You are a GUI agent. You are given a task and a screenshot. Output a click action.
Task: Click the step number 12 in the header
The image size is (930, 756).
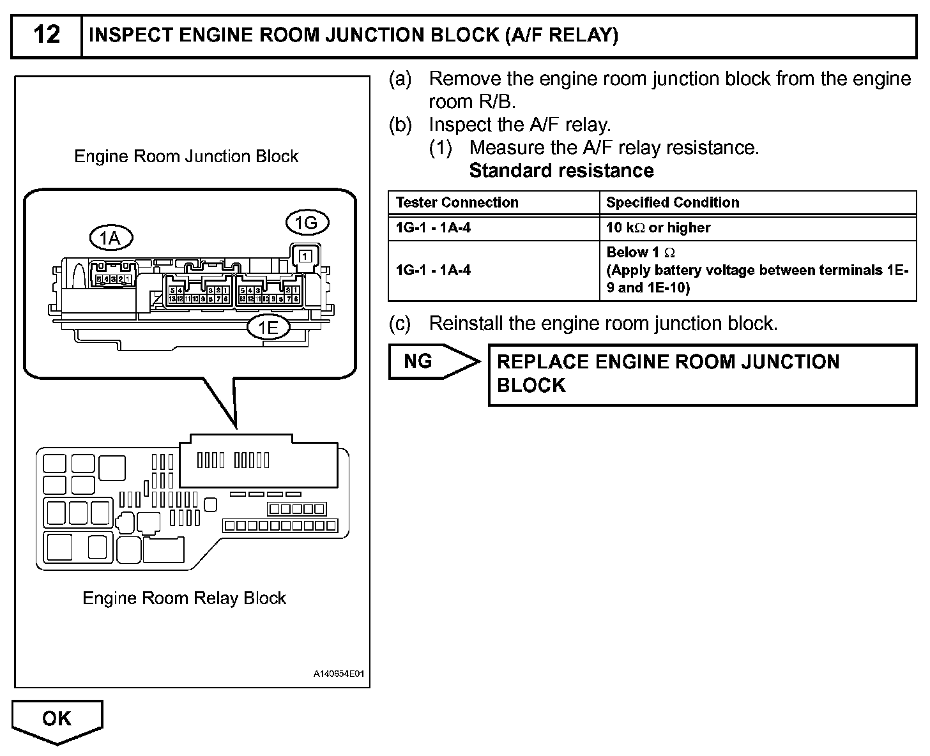pyautogui.click(x=47, y=35)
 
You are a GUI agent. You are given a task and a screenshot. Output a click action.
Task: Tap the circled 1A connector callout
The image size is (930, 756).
pyautogui.click(x=110, y=238)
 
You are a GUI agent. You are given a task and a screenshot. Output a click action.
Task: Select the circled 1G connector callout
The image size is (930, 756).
pyautogui.click(x=307, y=223)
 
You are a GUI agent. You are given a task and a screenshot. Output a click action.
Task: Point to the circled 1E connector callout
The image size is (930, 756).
pyautogui.click(x=268, y=328)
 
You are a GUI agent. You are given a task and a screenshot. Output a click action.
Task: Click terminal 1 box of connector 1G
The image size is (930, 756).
pyautogui.click(x=306, y=256)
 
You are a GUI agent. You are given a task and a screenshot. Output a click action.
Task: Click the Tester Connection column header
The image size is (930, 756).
pyautogui.click(x=457, y=202)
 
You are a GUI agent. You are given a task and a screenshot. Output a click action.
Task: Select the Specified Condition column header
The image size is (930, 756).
pyautogui.click(x=672, y=202)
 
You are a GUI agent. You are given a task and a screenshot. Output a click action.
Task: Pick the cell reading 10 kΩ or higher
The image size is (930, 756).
pyautogui.click(x=658, y=227)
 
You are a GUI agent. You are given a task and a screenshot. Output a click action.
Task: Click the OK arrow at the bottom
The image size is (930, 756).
pyautogui.click(x=57, y=719)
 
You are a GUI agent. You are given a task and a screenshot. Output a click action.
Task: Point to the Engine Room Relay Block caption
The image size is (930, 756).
pyautogui.click(x=184, y=598)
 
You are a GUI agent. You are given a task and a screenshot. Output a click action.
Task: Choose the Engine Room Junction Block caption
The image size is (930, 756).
pyautogui.click(x=186, y=156)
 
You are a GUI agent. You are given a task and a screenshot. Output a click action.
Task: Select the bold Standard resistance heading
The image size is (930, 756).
pyautogui.click(x=561, y=170)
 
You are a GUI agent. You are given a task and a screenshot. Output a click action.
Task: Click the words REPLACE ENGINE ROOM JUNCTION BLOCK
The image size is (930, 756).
pyautogui.click(x=667, y=374)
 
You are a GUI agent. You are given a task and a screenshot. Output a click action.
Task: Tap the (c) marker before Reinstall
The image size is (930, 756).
pyautogui.click(x=400, y=324)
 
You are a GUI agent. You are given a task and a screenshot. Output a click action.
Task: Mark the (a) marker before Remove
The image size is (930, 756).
pyautogui.click(x=400, y=79)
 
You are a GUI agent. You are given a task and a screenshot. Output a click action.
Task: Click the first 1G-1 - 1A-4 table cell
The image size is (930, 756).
pyautogui.click(x=433, y=227)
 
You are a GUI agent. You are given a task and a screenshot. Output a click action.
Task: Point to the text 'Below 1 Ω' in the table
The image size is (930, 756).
pyautogui.click(x=640, y=252)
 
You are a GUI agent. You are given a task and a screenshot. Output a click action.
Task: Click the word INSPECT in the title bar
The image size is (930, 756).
pyautogui.click(x=132, y=35)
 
